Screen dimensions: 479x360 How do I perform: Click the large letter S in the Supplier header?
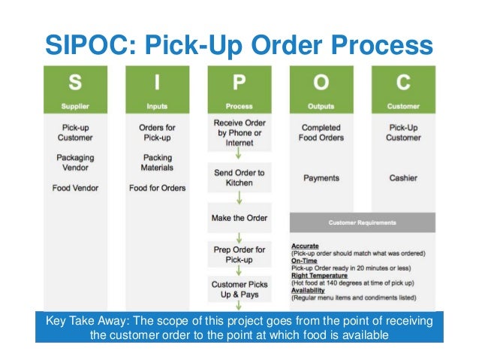tap(75, 81)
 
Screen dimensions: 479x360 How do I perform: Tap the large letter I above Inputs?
tap(157, 81)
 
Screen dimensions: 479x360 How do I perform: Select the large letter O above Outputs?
tap(321, 81)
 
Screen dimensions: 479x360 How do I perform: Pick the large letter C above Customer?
tap(403, 81)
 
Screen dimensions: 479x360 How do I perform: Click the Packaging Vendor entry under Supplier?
tap(75, 163)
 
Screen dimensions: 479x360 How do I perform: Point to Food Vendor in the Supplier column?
tap(75, 188)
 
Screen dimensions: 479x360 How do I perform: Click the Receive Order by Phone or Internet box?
tap(239, 133)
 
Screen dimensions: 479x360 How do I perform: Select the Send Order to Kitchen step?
tap(239, 177)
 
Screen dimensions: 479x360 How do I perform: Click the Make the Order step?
tap(239, 218)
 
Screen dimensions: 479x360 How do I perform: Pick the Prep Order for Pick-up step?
tap(239, 254)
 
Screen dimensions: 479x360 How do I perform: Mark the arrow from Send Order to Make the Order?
tap(239, 198)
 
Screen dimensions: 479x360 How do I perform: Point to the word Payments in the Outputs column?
tap(321, 178)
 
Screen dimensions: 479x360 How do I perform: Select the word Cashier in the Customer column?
tap(403, 178)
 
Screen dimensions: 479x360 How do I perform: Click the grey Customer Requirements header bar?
tap(362, 222)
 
